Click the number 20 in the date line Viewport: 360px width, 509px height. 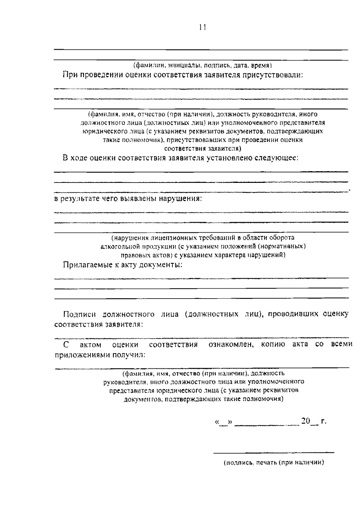click(x=306, y=421)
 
